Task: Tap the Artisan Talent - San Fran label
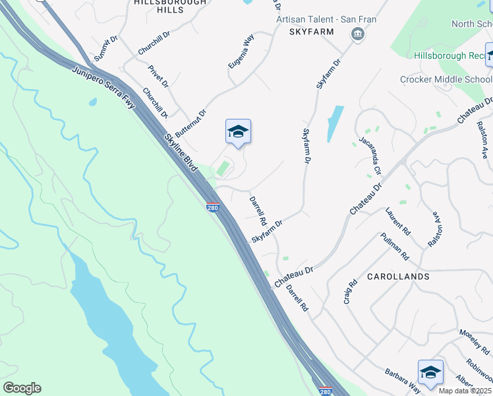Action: click(326, 19)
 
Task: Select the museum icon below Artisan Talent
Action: click(358, 34)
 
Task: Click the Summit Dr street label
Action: click(105, 49)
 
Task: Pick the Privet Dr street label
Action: click(159, 76)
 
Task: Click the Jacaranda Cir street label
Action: click(370, 156)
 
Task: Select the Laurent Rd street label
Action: click(398, 222)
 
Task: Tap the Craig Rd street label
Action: click(350, 291)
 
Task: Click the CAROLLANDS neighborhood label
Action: click(398, 276)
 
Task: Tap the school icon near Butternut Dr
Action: click(238, 131)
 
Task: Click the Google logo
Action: click(22, 388)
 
